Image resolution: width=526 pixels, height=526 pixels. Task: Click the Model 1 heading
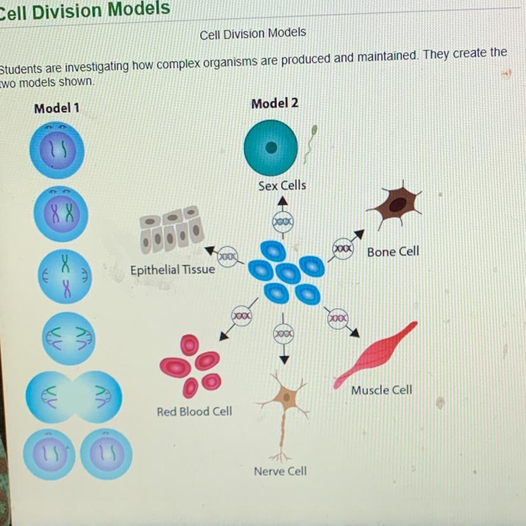(x=57, y=108)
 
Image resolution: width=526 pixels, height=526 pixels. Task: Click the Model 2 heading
(x=274, y=103)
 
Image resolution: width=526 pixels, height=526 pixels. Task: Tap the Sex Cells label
(x=282, y=185)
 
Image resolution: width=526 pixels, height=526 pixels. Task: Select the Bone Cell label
(x=393, y=252)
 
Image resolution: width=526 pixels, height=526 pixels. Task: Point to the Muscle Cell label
(x=382, y=390)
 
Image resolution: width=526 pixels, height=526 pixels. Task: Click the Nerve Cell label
(x=280, y=471)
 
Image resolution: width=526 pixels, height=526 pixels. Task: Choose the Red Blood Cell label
(x=194, y=412)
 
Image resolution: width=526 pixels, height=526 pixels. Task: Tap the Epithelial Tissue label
(x=173, y=270)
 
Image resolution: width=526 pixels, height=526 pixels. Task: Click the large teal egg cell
(x=271, y=147)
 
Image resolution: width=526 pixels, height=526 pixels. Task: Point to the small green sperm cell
(x=311, y=141)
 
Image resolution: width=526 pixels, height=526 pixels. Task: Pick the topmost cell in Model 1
(x=56, y=150)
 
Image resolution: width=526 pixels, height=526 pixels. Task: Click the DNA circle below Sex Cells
(x=283, y=223)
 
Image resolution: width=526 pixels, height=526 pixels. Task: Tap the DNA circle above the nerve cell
(x=283, y=333)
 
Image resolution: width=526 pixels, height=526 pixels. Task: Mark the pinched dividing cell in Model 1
(x=74, y=396)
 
